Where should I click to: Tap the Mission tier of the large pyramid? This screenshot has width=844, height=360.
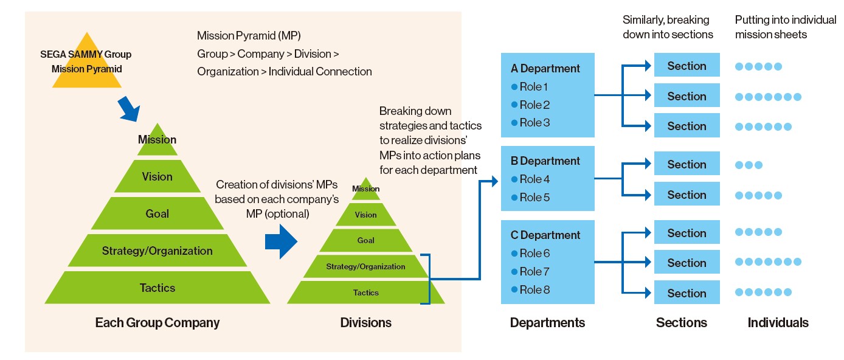tap(157, 140)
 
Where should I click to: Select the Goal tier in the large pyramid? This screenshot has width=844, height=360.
tap(157, 213)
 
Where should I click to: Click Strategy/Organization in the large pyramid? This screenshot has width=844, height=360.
tap(157, 251)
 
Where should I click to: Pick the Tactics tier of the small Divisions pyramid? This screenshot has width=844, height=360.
tap(365, 292)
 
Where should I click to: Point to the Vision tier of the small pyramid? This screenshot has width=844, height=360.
tap(365, 215)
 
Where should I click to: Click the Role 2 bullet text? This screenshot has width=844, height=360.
tap(534, 105)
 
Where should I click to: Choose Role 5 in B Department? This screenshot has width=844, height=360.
tap(534, 198)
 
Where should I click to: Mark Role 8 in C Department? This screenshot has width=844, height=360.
tap(534, 290)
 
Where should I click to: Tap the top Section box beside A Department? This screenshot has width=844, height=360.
tap(687, 66)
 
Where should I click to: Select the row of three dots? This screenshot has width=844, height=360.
tap(749, 165)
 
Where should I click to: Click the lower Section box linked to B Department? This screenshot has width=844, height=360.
tap(687, 195)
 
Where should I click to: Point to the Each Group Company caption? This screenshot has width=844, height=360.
tap(157, 322)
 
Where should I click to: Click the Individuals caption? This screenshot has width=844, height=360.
tap(778, 322)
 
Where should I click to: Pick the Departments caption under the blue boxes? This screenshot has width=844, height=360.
tap(547, 322)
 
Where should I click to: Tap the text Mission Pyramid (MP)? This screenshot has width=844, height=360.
tap(249, 36)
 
